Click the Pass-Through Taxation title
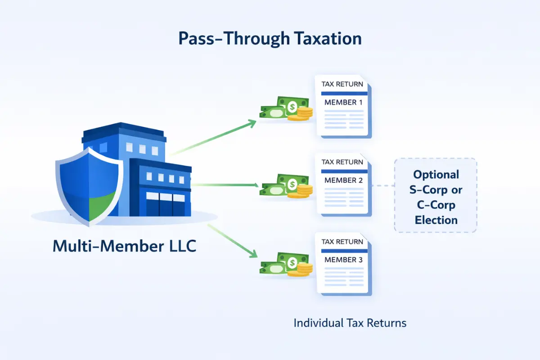pos(270,39)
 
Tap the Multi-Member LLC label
pos(125,246)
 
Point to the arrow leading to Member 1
pos(215,137)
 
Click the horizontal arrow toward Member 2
pos(225,184)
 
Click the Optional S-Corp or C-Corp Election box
pos(435,196)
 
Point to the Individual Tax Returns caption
pos(350,323)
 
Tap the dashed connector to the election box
pos(383,185)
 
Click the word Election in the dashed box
pos(436,220)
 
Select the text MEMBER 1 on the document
pos(343,102)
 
